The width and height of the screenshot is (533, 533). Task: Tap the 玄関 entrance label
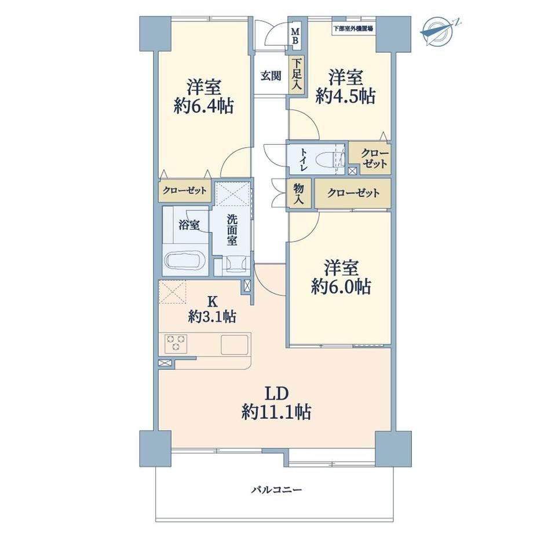(x=271, y=76)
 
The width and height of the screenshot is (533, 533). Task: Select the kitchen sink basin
(x=235, y=345)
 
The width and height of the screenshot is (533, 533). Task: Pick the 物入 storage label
(x=298, y=194)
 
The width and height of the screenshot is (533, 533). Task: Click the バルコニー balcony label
(x=276, y=490)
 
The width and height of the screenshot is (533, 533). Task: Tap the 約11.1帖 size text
(x=276, y=412)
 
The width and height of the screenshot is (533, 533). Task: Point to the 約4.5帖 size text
(x=345, y=96)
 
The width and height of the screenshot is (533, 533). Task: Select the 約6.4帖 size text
(x=203, y=106)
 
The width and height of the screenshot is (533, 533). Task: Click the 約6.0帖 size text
(x=341, y=287)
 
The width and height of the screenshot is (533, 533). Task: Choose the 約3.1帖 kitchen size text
(x=213, y=317)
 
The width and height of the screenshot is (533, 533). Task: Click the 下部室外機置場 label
(x=353, y=28)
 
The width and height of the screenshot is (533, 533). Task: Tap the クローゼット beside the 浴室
(x=184, y=190)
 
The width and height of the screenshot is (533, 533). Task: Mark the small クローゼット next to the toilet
(x=375, y=159)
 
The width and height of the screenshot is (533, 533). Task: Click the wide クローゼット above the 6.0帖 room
(x=353, y=194)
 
